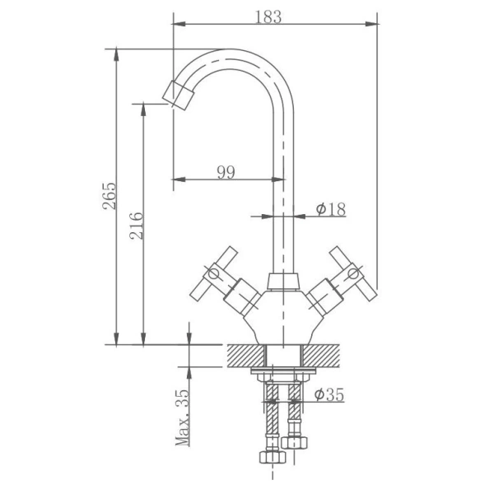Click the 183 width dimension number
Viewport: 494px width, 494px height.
tap(268, 17)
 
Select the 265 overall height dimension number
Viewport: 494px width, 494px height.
tap(110, 196)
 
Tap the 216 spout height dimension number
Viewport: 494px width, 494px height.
tap(137, 226)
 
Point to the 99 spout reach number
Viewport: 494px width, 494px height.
tap(226, 172)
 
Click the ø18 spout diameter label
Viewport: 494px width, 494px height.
tap(330, 209)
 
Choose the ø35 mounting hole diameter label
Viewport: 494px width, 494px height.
tap(329, 394)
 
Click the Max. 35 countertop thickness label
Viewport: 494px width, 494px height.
tap(183, 417)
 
